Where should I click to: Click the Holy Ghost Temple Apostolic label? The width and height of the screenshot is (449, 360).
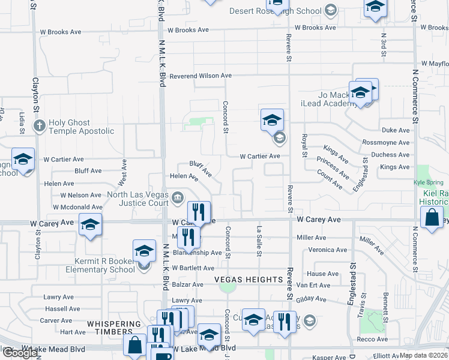pos(81,127)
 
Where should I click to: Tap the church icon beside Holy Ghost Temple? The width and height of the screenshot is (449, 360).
pos(39,126)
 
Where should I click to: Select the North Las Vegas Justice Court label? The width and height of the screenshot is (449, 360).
pos(137,199)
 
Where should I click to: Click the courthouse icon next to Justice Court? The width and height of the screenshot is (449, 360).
pos(178,198)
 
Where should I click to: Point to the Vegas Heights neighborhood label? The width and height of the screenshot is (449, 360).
pos(248,280)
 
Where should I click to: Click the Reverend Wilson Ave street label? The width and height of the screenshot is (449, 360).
pos(200,76)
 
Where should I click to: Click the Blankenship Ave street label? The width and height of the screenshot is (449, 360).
pos(197,253)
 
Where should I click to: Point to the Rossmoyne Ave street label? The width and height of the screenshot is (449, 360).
pos(386,142)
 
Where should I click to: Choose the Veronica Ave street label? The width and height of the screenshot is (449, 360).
pos(327,250)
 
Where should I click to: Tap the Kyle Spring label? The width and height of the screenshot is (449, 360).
pos(428,182)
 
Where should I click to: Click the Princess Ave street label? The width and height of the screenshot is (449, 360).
pos(333,168)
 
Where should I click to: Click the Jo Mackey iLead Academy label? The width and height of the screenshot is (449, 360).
pos(333,99)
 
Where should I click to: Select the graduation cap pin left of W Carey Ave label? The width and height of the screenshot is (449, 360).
pos(90,225)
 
